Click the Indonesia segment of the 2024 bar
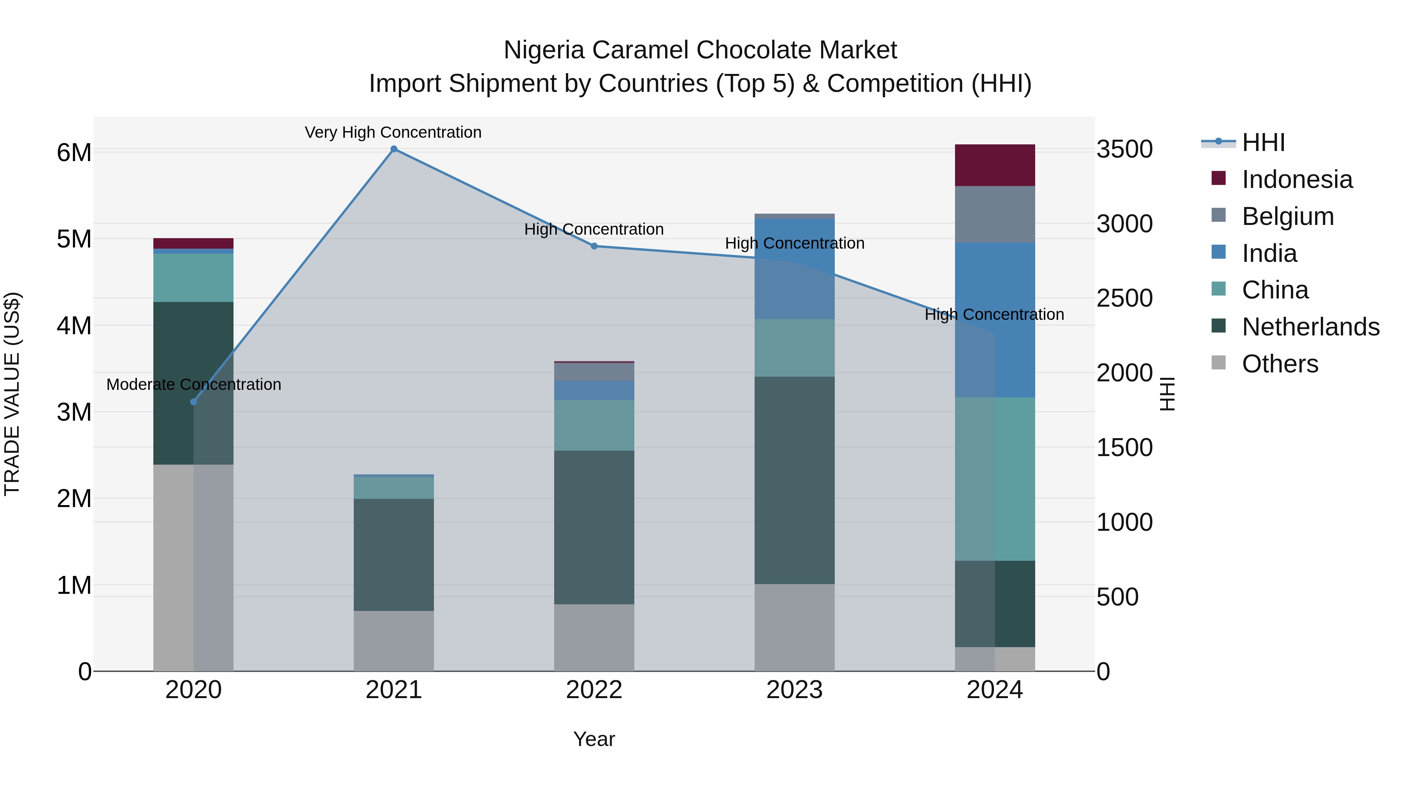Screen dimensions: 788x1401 (x=995, y=165)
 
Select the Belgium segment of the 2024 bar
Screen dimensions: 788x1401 (x=995, y=214)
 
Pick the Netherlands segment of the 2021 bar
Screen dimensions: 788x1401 (x=394, y=555)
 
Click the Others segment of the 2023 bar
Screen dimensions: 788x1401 (x=794, y=628)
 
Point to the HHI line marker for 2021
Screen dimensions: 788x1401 (x=394, y=149)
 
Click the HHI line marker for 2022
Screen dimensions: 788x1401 (x=594, y=246)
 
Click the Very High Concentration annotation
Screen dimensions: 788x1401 (x=393, y=133)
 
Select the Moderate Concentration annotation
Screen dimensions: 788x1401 (x=194, y=384)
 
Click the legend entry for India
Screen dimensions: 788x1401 (x=1269, y=253)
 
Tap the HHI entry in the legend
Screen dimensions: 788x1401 (x=1263, y=142)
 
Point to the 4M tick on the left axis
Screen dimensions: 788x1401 (x=74, y=326)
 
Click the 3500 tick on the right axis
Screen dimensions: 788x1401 (x=1124, y=149)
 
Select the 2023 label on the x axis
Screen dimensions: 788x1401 (x=794, y=690)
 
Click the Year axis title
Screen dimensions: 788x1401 (x=594, y=739)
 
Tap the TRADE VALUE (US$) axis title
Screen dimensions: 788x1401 (x=12, y=394)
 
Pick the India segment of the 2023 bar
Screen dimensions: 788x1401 (x=794, y=269)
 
